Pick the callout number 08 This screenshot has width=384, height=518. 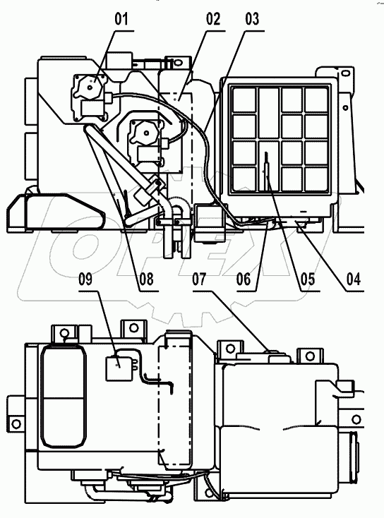pyautogui.click(x=146, y=279)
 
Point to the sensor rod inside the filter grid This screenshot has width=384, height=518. pyautogui.click(x=265, y=169)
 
